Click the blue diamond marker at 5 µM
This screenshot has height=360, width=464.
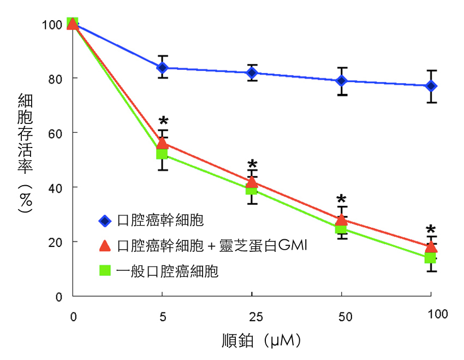point(162,68)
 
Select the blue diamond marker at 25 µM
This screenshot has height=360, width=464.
point(252,73)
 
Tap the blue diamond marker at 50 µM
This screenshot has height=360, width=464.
point(342,81)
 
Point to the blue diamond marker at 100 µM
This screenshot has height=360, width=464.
point(431,86)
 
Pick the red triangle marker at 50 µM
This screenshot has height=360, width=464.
point(342,219)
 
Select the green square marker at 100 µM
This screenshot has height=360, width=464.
point(431,257)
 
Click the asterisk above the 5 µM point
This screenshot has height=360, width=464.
point(162,122)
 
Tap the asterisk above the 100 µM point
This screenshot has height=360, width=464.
point(431,230)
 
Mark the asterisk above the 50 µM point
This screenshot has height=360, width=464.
point(342,200)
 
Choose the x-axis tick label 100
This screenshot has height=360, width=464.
point(437,314)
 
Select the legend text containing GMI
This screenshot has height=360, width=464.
point(213,246)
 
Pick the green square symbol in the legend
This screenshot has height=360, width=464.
point(105,270)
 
